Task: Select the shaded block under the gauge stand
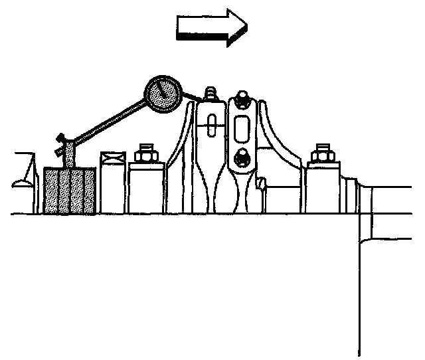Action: pos(69,190)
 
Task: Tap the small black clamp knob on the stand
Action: pos(62,139)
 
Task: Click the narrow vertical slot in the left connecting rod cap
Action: pos(211,124)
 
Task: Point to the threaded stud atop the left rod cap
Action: pos(210,93)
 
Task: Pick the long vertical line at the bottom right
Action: pos(359,286)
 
